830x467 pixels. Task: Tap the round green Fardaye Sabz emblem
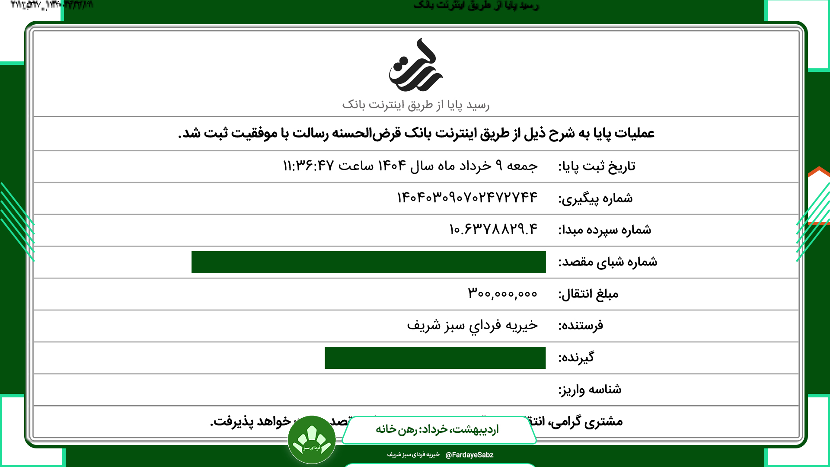(312, 440)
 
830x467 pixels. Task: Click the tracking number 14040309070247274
(467, 198)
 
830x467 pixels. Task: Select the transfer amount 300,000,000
(502, 294)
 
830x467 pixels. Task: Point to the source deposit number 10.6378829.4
(493, 229)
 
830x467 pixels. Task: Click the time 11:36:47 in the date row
(308, 166)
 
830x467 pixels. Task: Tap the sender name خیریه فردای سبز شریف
(472, 325)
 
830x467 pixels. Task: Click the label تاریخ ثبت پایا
(597, 166)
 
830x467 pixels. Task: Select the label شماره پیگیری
(595, 198)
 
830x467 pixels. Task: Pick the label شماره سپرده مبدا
(604, 230)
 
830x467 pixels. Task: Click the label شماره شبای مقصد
(607, 262)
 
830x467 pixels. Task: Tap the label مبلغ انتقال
(588, 294)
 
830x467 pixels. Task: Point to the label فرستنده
(581, 326)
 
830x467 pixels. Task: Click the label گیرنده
(576, 358)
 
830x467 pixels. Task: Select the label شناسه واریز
(590, 390)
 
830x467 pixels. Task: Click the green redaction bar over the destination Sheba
(368, 262)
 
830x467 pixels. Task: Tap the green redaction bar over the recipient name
(435, 358)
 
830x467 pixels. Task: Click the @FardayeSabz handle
(469, 455)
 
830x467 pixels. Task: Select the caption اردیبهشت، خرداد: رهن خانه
(437, 429)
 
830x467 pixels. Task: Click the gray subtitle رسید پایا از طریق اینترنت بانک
(415, 105)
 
